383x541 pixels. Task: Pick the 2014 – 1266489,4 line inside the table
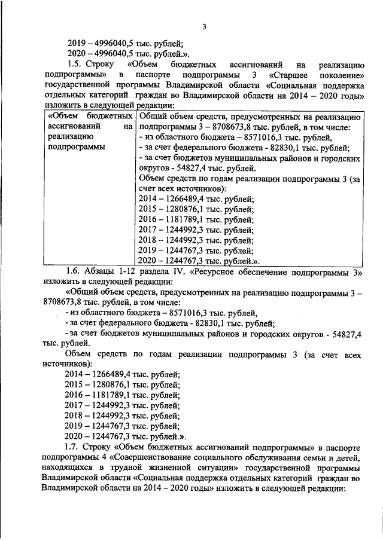pyautogui.click(x=196, y=199)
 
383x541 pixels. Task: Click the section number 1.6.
pyautogui.click(x=75, y=271)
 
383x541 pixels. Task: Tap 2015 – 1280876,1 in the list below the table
pyautogui.click(x=121, y=384)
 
